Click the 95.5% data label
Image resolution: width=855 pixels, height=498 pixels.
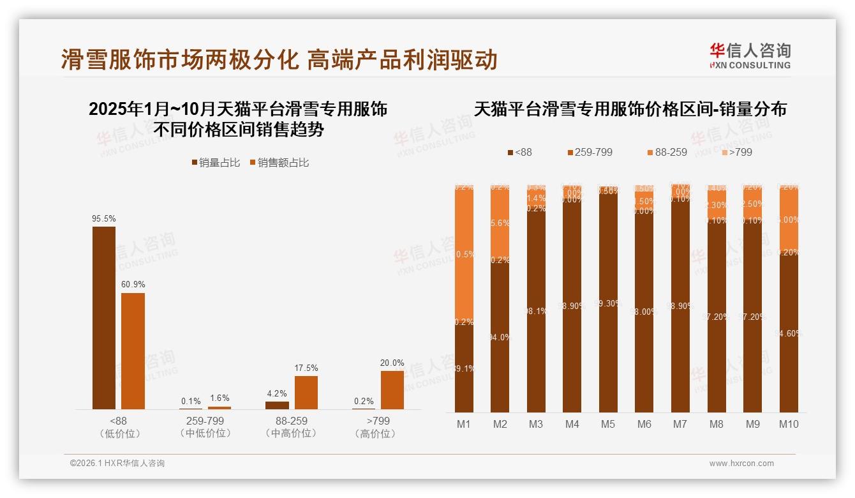pos(104,218)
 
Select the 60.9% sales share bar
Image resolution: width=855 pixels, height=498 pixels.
pos(133,351)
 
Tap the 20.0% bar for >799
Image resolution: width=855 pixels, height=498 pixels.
pos(392,389)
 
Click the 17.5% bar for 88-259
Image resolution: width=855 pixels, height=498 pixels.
pos(306,392)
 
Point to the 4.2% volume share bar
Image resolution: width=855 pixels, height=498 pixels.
pos(277,405)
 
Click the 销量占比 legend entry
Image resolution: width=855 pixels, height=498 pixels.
pos(216,163)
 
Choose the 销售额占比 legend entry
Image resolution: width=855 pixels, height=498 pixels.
pos(279,163)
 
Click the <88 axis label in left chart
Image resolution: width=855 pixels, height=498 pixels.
pos(119,421)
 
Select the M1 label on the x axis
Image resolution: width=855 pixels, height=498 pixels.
pos(464,424)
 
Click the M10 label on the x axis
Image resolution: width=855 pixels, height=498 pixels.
pos(789,424)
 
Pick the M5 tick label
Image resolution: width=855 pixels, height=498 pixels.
pos(608,424)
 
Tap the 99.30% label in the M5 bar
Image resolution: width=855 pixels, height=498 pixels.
pos(608,304)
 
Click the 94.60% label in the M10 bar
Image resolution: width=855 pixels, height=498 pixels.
pos(789,333)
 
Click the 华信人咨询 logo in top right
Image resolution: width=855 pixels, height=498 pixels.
pos(750,56)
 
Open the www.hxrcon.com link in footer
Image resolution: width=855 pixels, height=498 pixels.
pos(741,464)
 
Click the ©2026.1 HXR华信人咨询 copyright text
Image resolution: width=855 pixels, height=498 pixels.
pos(117,464)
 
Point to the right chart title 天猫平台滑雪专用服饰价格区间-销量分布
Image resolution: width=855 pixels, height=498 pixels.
pos(630,109)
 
